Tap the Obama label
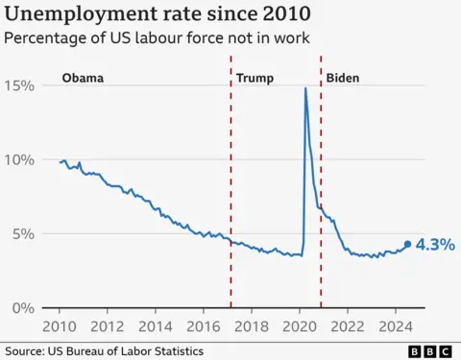83,78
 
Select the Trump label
255,78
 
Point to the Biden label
343,78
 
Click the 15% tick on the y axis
19,85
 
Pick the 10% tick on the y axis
19,159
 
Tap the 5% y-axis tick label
23,233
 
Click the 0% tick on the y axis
23,307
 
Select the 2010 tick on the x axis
60,324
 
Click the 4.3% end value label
435,245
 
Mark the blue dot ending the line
407,244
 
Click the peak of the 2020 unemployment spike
305,88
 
